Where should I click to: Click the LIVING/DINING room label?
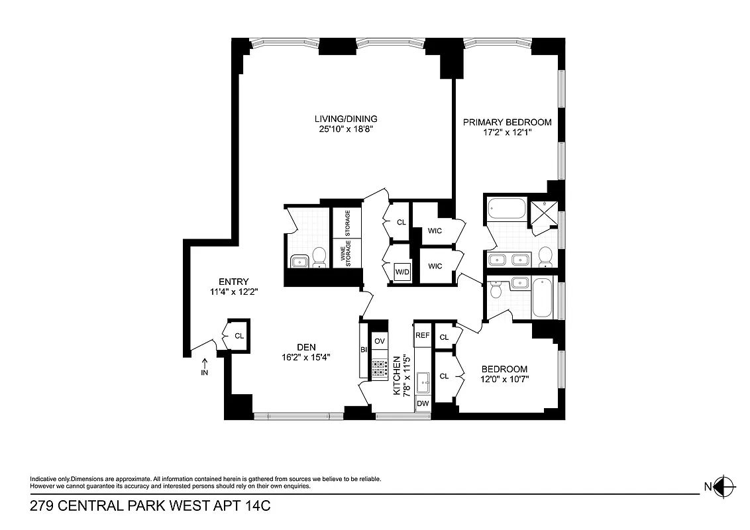click(x=346, y=119)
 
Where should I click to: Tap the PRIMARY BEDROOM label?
click(x=507, y=123)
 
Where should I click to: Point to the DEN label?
click(x=306, y=346)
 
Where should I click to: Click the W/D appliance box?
click(x=402, y=272)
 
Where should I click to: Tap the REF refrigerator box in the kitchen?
click(x=422, y=336)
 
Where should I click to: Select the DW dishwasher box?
click(x=422, y=403)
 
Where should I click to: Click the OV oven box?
click(x=379, y=341)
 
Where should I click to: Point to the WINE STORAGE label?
click(x=346, y=254)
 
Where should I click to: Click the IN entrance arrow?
click(x=205, y=364)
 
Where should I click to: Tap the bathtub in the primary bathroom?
click(x=506, y=212)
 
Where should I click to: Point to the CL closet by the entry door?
click(x=239, y=336)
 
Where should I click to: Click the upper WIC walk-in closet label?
click(x=435, y=231)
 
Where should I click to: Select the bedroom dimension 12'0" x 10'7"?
click(x=504, y=380)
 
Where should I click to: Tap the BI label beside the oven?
click(x=364, y=350)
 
